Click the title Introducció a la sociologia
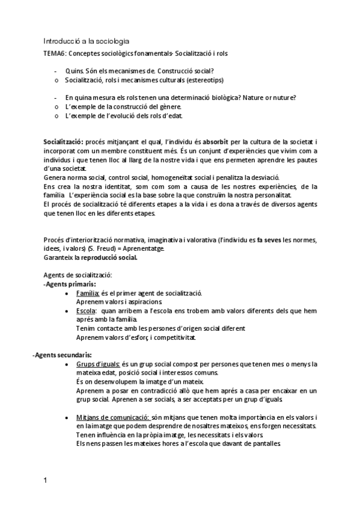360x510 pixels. pos(86,41)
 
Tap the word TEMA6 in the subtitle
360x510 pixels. pos(55,54)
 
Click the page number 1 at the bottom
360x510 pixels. pos(45,481)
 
